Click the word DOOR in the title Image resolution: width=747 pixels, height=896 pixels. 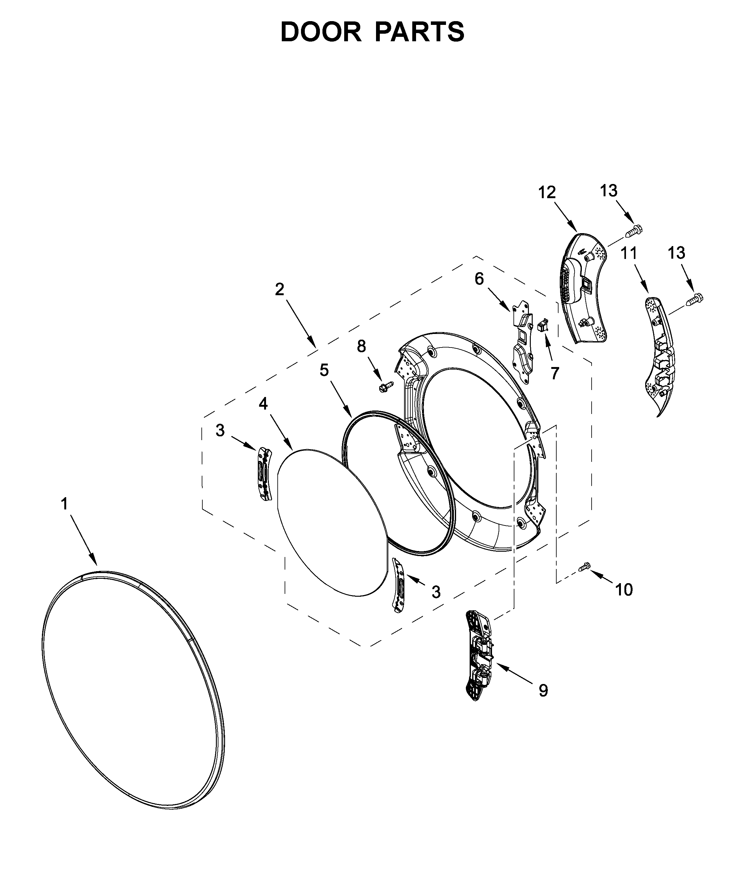click(321, 32)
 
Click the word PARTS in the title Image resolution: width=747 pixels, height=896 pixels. click(420, 32)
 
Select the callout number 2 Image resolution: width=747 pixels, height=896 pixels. click(279, 290)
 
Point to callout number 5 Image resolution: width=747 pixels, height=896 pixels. click(324, 370)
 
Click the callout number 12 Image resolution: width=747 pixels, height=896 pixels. click(547, 192)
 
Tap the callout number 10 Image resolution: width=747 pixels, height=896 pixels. click(624, 590)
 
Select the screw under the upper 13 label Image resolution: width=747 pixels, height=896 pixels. click(634, 231)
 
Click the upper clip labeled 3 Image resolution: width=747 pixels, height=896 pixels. click(264, 473)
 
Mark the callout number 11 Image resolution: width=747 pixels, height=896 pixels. click(629, 253)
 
